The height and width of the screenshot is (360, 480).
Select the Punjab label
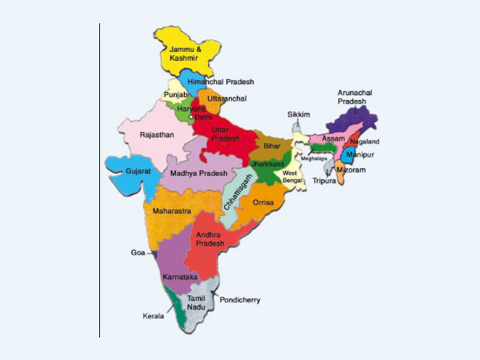pos(175,94)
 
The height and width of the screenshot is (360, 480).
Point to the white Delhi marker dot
pos(191,118)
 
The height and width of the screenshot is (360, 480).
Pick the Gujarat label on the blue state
pos(138,171)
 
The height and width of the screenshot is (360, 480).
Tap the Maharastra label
pos(171,211)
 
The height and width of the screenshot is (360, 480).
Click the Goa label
pos(138,252)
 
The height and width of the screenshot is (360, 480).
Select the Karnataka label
pos(179,276)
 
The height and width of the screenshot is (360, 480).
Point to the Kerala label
pos(154,315)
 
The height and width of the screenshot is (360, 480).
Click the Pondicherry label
pos(240,300)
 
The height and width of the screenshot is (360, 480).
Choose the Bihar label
pos(273,148)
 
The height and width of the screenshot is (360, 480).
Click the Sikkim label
pos(298,115)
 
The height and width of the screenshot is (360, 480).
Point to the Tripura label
pos(324,181)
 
